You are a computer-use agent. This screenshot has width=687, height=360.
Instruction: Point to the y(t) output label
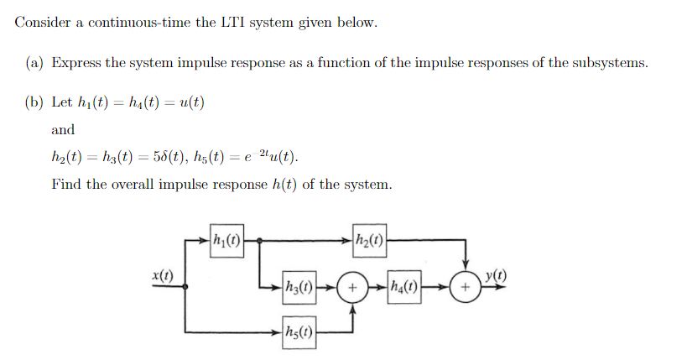click(x=496, y=277)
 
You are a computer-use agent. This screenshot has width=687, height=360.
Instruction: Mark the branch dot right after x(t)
click(x=185, y=285)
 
